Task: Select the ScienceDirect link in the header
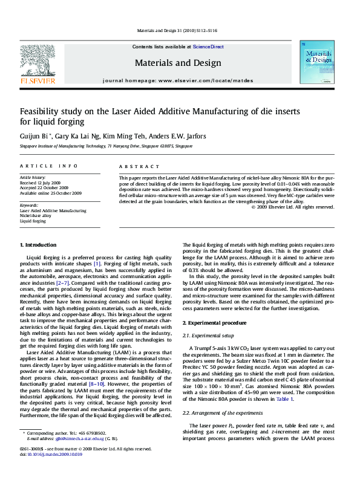pos(208,47)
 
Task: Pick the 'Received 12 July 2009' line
pos(41,182)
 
